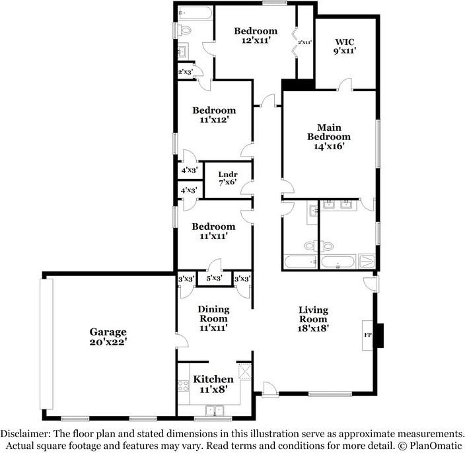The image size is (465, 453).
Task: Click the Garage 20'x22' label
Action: coord(108,337)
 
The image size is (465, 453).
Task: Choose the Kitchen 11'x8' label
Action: coord(213,384)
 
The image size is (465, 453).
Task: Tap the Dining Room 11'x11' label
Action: coord(213,318)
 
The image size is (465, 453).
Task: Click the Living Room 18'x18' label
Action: coord(313,318)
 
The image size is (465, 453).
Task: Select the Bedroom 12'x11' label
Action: coord(255,35)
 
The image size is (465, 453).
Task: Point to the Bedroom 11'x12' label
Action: coord(213,116)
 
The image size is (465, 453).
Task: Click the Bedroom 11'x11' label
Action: coord(213,231)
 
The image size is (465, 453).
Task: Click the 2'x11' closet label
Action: coord(304,42)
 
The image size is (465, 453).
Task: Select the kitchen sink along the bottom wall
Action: coord(215,411)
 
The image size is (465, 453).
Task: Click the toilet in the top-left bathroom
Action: coord(186,30)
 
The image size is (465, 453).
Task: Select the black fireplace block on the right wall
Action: coord(378,332)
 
